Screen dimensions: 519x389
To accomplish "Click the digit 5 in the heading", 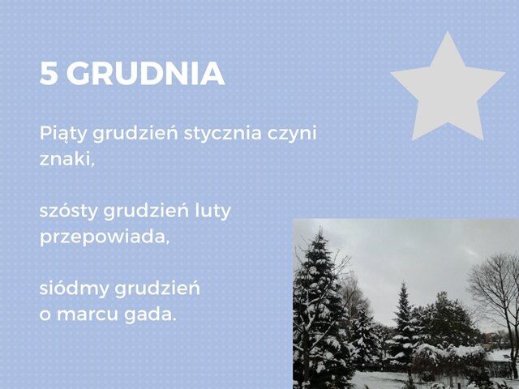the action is (49, 74).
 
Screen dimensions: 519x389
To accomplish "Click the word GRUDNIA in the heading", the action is (146, 74).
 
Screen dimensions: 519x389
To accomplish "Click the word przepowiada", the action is (105, 237).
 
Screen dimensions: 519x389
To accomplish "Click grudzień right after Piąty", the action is (135, 135).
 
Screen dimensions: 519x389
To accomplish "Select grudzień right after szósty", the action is (146, 212).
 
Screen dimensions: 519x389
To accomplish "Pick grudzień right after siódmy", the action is (157, 289).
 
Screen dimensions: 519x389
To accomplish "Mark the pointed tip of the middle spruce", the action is (403, 283).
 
